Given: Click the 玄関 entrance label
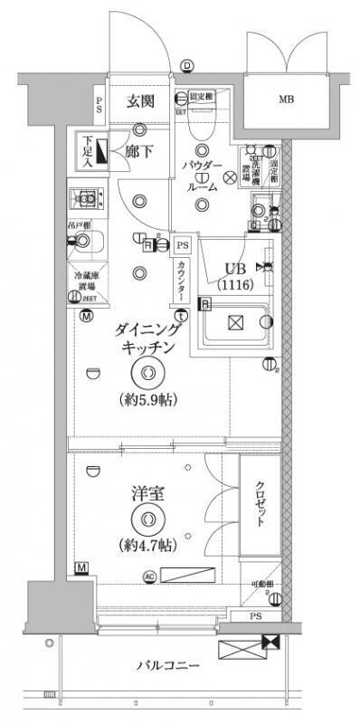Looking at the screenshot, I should [137, 101].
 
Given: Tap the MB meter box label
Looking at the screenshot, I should [285, 100].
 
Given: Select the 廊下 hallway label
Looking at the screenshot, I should [137, 152].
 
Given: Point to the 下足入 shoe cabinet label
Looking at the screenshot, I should [88, 153].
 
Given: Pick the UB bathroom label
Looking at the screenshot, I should [234, 267].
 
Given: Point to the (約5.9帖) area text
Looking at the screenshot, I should [146, 399].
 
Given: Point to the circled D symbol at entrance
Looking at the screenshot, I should [186, 65].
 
